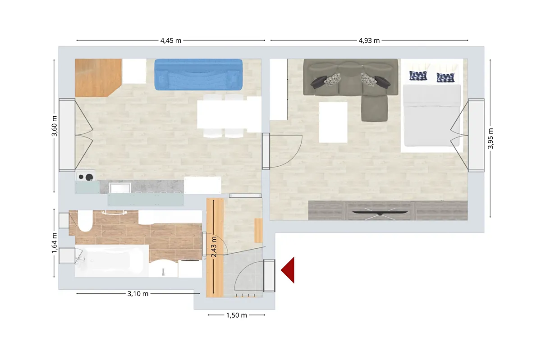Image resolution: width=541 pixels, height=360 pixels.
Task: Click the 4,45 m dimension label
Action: (x=171, y=40)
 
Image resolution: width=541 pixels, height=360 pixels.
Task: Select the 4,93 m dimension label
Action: (x=369, y=40)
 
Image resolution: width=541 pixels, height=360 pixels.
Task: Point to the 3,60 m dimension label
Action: (x=55, y=126)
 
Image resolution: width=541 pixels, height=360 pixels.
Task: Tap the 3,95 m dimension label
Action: (x=491, y=138)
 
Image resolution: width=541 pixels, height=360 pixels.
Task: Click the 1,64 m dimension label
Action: (x=55, y=243)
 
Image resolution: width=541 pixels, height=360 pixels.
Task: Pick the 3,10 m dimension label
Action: (x=138, y=294)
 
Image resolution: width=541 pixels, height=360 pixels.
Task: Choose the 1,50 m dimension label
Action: (x=236, y=315)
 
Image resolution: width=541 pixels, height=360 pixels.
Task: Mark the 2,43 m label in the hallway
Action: (x=214, y=247)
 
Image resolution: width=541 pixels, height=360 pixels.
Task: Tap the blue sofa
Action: (x=198, y=75)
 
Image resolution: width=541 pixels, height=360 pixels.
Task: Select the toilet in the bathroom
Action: (x=85, y=221)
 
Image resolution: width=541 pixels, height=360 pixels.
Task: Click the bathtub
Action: (x=112, y=261)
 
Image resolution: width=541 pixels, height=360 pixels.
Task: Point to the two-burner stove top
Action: (x=86, y=176)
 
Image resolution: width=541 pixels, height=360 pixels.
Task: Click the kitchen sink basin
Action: (x=120, y=188)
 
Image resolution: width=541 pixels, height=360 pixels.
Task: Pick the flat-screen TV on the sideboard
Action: (x=380, y=213)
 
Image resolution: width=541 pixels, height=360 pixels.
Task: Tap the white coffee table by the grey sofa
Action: (x=333, y=122)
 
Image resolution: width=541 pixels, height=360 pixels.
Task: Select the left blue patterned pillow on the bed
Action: (x=418, y=75)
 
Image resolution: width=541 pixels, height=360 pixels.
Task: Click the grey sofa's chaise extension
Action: (x=374, y=108)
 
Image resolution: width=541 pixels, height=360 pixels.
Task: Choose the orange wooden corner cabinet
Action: (x=98, y=78)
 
